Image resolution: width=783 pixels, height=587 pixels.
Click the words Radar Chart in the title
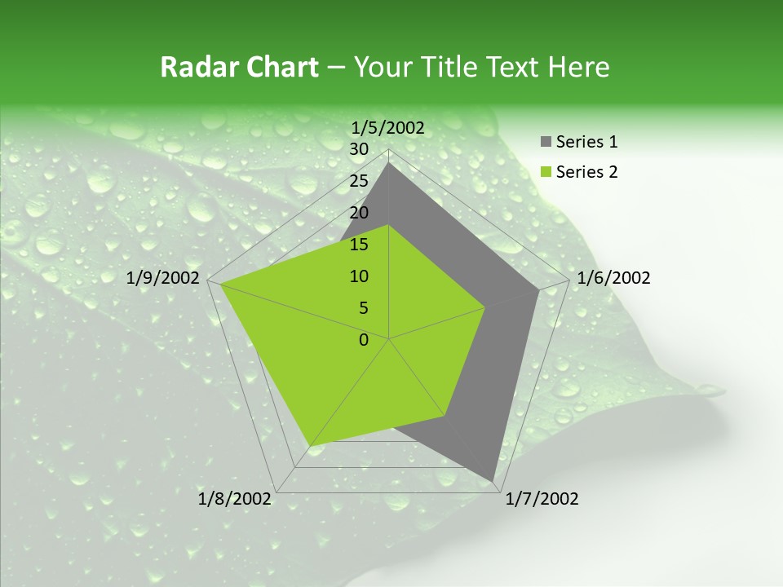coord(239,68)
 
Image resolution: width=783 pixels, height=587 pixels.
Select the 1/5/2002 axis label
coord(388,127)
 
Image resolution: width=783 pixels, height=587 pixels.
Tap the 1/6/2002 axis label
coord(613,278)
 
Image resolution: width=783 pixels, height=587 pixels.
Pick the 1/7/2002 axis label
coord(542,499)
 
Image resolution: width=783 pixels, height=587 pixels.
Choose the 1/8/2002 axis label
coord(235,499)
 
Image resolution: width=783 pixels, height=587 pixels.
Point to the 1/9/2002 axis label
coord(163,278)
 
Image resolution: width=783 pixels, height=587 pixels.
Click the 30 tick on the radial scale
coord(359,149)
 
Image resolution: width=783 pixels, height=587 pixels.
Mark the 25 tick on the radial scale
coord(359,181)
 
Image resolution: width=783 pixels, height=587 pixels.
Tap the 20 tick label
coord(359,213)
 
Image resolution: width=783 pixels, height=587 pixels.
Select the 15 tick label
coord(359,245)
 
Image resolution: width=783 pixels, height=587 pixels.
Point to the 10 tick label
coord(359,276)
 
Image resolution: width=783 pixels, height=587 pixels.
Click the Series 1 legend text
coord(586,142)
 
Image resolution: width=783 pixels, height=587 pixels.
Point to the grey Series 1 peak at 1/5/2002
coord(389,162)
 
